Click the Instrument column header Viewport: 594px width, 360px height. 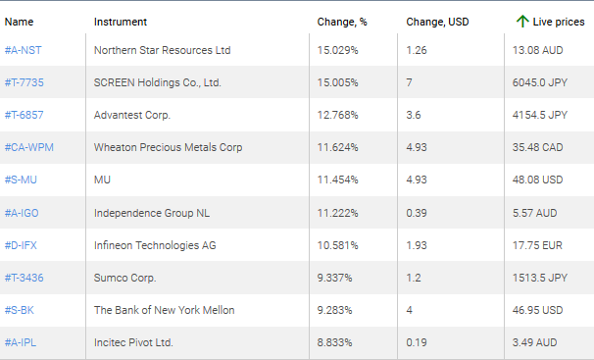(x=121, y=21)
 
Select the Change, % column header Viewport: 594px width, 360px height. (x=341, y=21)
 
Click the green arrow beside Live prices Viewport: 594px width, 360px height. (x=522, y=21)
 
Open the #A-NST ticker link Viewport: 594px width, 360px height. (x=23, y=50)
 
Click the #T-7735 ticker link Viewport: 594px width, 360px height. (x=25, y=82)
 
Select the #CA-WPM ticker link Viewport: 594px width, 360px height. (x=28, y=147)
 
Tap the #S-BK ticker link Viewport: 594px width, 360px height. (x=21, y=310)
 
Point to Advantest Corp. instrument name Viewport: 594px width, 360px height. (x=132, y=115)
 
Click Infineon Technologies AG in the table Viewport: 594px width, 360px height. (x=155, y=245)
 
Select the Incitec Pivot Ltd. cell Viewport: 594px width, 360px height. (x=133, y=342)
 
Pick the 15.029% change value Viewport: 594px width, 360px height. (x=337, y=50)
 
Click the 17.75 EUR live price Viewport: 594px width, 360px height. (x=535, y=245)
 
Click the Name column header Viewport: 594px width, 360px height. (x=19, y=21)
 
